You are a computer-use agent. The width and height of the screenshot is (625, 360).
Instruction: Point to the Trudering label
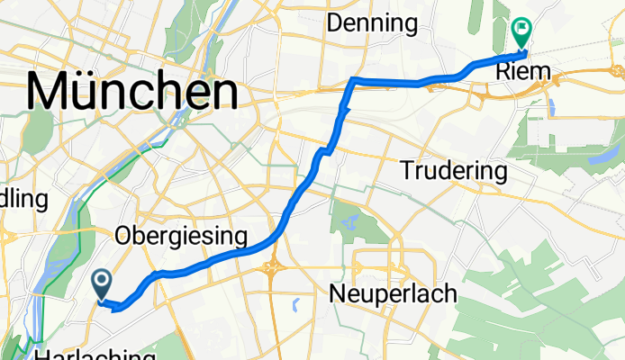tap(454, 169)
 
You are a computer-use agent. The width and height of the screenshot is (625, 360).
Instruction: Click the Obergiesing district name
tap(181, 237)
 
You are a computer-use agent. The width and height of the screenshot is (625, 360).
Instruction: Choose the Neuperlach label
tap(394, 293)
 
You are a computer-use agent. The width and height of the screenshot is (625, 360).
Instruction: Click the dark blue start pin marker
tap(102, 285)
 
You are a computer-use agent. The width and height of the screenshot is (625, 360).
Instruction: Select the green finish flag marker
tap(521, 33)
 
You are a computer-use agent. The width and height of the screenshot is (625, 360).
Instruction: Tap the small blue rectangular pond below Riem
tap(550, 111)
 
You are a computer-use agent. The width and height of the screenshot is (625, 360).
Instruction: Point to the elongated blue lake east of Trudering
tap(601, 157)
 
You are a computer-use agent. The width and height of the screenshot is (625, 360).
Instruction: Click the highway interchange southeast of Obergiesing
tap(272, 265)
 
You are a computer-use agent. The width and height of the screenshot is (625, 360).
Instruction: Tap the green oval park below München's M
tap(39, 131)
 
